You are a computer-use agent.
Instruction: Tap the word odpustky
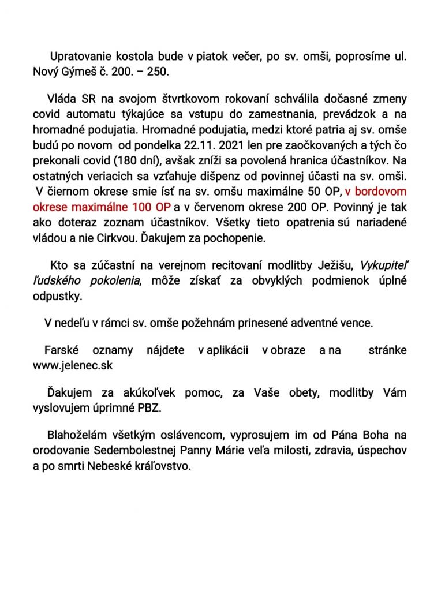point(58,296)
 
